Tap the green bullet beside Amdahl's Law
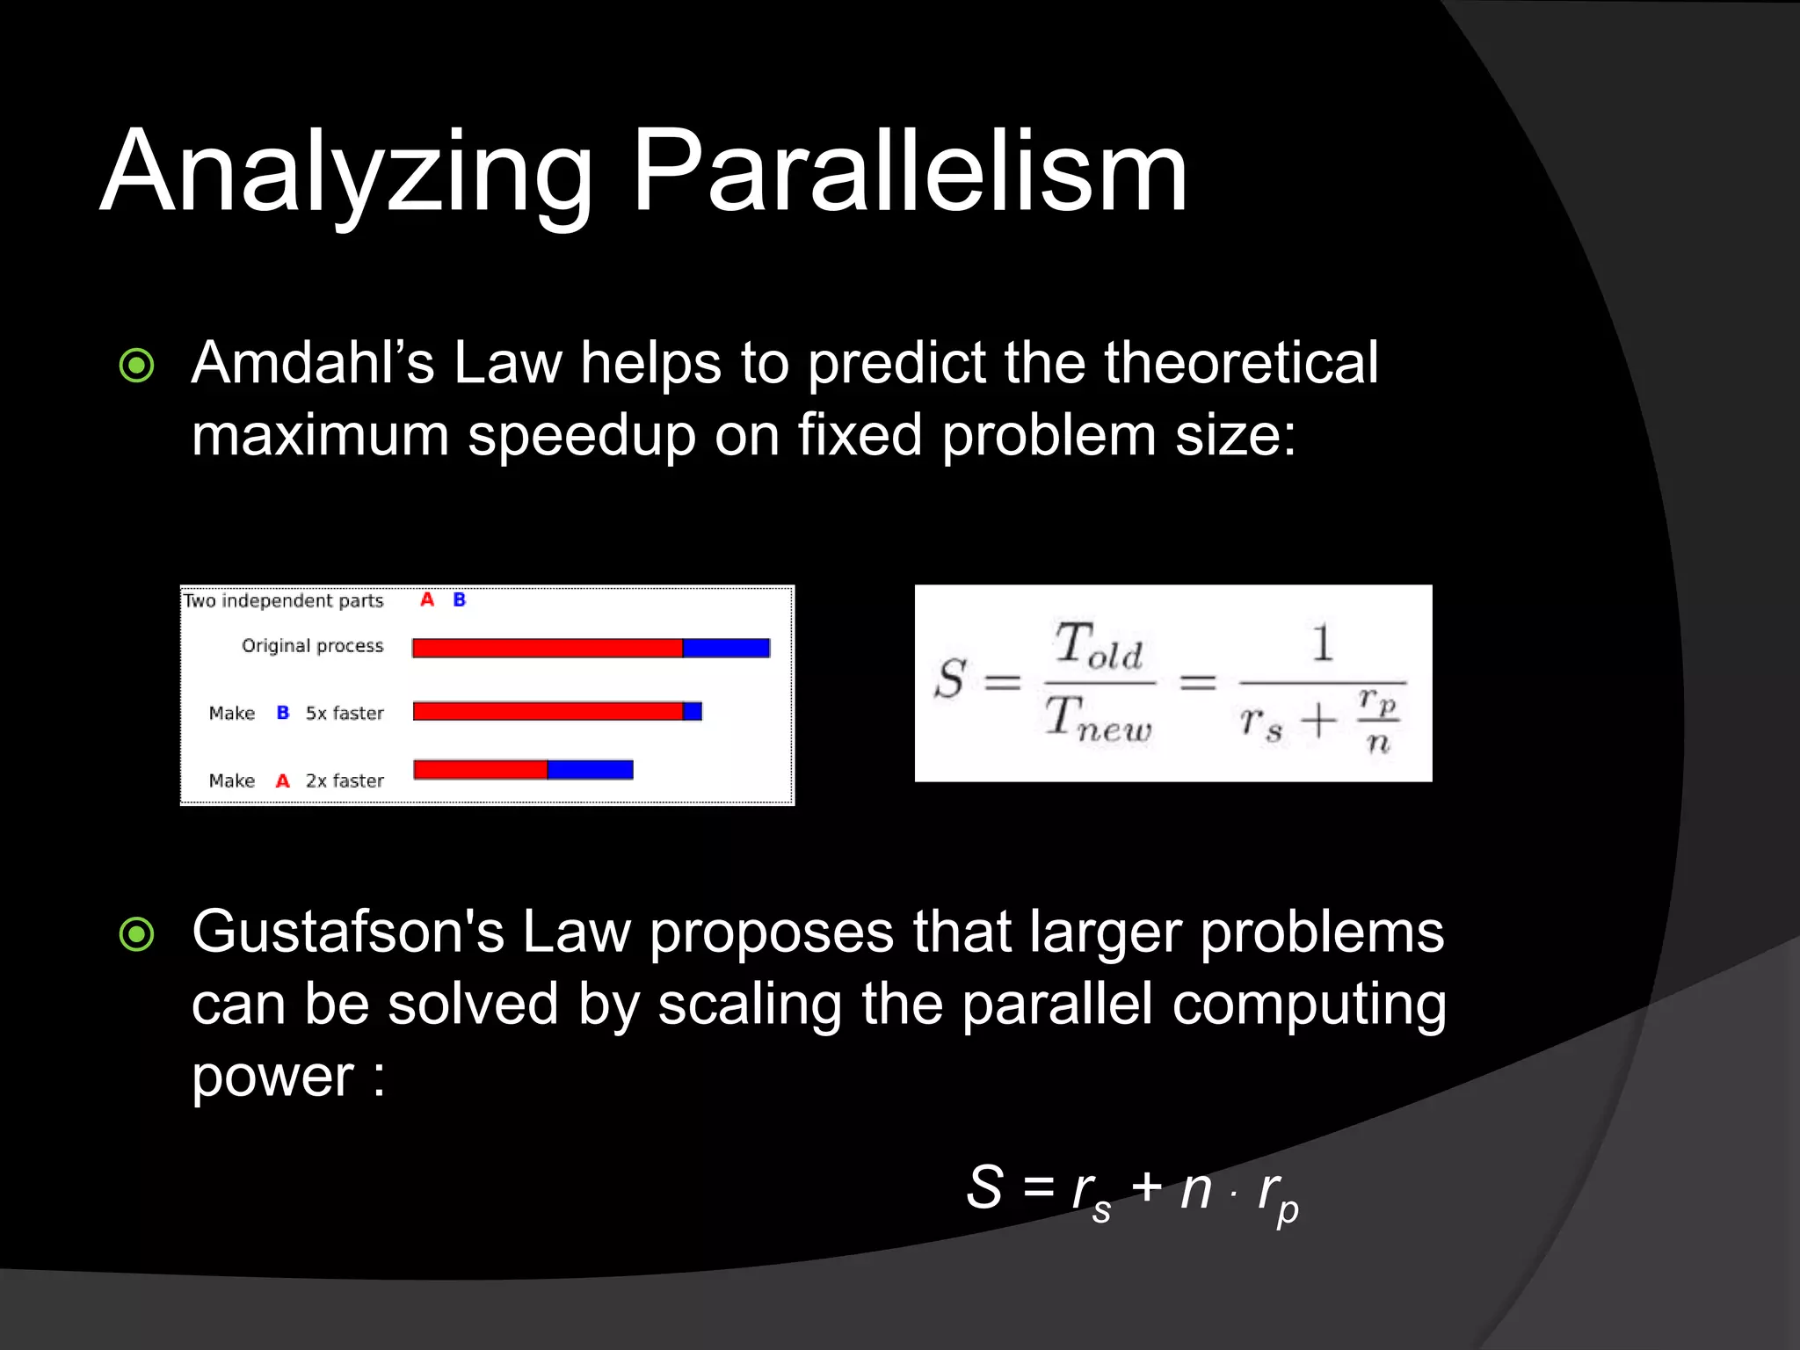(136, 366)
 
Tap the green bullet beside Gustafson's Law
(136, 934)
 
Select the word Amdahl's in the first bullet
(313, 362)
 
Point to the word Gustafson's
(348, 932)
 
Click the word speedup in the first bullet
(581, 435)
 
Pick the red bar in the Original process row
(547, 649)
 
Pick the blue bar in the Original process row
(726, 649)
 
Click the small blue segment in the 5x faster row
(693, 711)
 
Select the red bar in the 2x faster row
(480, 770)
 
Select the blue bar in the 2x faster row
(590, 770)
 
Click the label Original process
(313, 646)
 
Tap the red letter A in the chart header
(427, 600)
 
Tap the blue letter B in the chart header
(459, 600)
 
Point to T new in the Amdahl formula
(1098, 719)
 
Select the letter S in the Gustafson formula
(984, 1187)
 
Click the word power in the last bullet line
(272, 1078)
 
